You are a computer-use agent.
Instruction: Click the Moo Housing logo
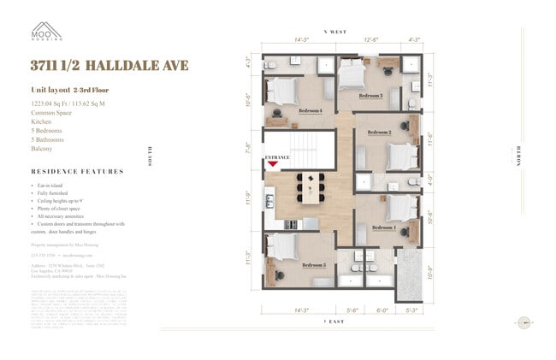pyautogui.click(x=47, y=31)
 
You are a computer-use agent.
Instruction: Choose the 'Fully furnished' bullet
pyautogui.click(x=57, y=192)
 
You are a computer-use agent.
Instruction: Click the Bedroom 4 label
pyautogui.click(x=310, y=110)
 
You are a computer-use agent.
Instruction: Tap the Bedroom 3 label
pyautogui.click(x=370, y=96)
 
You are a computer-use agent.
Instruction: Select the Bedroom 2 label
pyautogui.click(x=379, y=133)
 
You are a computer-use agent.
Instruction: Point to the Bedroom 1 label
pyautogui.click(x=383, y=227)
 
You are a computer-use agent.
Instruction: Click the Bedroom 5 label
pyautogui.click(x=313, y=265)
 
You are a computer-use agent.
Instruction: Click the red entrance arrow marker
pyautogui.click(x=273, y=166)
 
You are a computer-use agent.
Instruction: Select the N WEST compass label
pyautogui.click(x=334, y=32)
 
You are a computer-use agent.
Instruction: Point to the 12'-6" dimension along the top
pyautogui.click(x=372, y=39)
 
